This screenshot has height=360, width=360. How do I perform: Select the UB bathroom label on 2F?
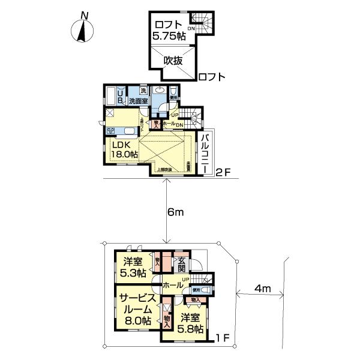coord(121,96)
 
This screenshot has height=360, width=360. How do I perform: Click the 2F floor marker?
coord(223,173)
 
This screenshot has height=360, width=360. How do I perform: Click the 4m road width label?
coord(262,289)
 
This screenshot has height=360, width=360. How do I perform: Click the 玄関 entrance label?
coord(181,264)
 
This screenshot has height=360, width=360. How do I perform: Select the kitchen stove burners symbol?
coord(112,130)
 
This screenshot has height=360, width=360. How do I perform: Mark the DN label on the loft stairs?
coord(192,28)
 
